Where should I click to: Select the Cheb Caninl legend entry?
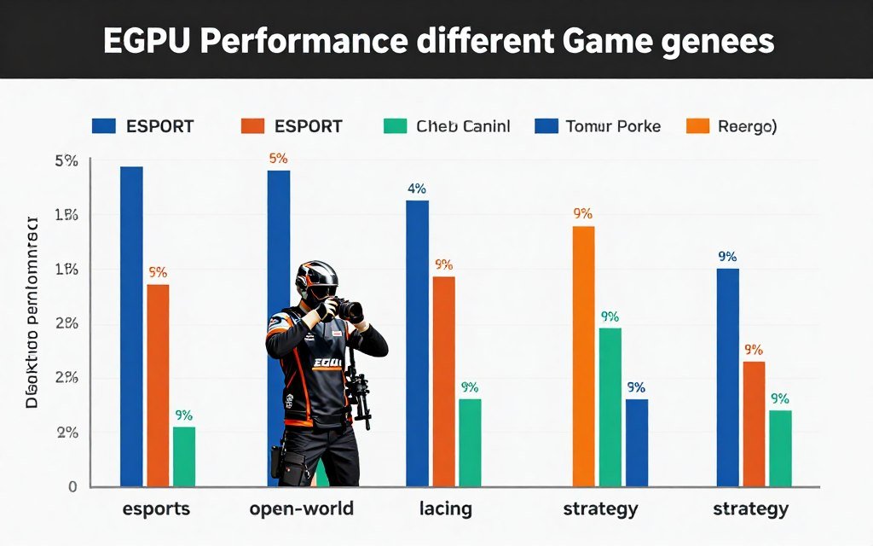click(463, 126)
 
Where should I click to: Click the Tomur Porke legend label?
click(612, 126)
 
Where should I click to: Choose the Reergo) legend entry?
click(747, 126)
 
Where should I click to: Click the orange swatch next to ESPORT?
click(252, 126)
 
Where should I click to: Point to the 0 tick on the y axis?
click(72, 486)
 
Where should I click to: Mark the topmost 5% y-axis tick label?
click(66, 160)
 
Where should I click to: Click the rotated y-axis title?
click(32, 312)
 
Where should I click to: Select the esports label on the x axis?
click(157, 509)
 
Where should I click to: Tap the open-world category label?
click(302, 509)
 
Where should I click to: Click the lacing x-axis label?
click(445, 509)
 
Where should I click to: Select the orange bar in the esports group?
click(158, 385)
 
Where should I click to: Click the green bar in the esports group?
click(183, 456)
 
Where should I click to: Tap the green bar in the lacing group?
click(470, 442)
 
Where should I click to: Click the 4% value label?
click(417, 189)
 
